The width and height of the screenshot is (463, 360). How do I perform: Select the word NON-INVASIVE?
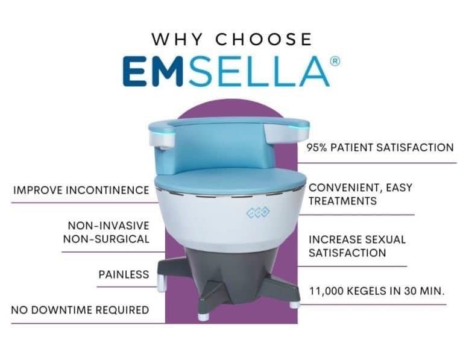coord(108,226)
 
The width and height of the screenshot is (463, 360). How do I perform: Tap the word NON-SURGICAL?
coord(106,239)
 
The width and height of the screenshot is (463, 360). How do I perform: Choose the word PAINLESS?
coord(124,274)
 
